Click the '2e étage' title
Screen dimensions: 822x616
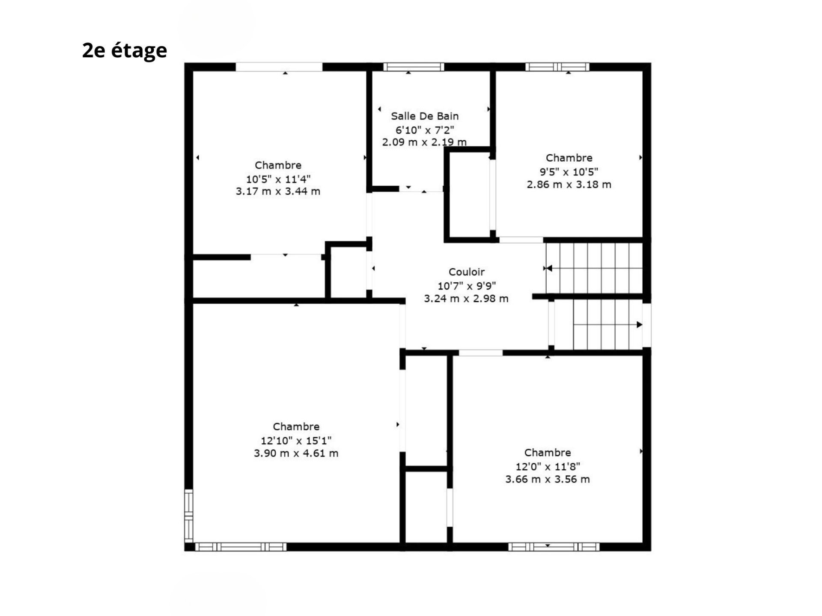[125, 50]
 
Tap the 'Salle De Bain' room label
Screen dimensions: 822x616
[425, 116]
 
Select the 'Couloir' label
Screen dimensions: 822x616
[467, 272]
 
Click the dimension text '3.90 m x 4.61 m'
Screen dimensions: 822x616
[296, 453]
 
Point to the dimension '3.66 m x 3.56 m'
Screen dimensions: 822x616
[548, 479]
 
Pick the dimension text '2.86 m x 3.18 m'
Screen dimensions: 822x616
[569, 184]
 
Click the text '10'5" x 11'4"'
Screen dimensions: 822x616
[278, 179]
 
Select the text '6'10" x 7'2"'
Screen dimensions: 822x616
[425, 130]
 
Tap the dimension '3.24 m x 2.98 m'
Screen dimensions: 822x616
[466, 299]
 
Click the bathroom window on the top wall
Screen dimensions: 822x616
[414, 67]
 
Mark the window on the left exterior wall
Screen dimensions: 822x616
[189, 516]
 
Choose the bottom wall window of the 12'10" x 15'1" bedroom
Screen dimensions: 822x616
[241, 547]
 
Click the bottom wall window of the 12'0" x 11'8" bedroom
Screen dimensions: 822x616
[554, 547]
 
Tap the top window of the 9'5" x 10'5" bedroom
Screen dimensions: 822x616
[557, 67]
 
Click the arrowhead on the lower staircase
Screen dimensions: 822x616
[640, 325]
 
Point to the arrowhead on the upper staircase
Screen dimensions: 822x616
[549, 268]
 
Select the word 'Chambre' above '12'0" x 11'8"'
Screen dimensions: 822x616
[548, 453]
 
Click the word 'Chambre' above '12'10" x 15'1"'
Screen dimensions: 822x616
[296, 426]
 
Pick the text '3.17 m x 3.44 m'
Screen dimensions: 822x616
[278, 191]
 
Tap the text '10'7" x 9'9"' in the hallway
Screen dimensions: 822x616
[467, 286]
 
